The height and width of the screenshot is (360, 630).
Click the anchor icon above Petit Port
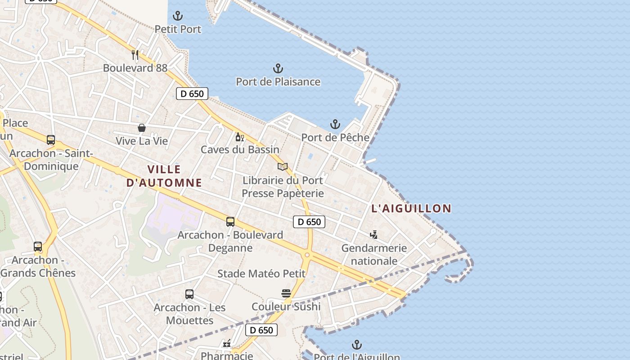(178, 16)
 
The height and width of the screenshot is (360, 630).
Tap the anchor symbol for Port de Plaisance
(278, 68)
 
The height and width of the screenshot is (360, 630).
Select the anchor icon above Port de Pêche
(335, 124)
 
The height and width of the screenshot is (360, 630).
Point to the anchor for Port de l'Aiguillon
(356, 345)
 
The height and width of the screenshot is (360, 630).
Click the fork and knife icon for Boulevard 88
(135, 55)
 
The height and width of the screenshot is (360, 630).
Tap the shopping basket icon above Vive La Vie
(142, 128)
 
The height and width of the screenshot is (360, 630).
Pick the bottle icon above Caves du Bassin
(239, 137)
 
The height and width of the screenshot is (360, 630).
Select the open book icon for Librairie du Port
(283, 167)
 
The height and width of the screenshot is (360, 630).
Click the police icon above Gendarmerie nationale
(373, 234)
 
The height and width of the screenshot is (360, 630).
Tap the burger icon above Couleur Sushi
(286, 293)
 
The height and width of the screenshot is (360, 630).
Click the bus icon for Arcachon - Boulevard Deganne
(230, 222)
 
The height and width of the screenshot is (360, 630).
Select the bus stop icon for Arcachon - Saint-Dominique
(51, 140)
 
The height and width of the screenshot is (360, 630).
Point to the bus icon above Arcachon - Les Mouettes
(189, 294)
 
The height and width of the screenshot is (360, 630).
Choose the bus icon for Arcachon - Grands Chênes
(38, 247)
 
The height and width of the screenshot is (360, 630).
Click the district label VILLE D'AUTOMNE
(164, 176)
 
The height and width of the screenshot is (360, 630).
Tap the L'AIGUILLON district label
(411, 208)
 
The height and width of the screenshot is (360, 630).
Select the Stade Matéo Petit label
(261, 274)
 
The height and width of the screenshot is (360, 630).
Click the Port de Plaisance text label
(278, 82)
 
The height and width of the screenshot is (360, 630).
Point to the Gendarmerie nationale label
(374, 254)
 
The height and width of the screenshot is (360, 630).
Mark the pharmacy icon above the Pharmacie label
(227, 344)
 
